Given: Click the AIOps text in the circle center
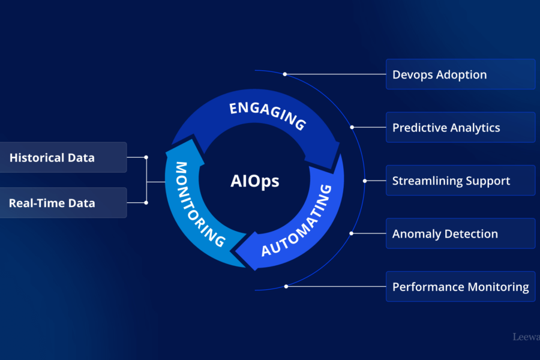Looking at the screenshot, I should pyautogui.click(x=254, y=181).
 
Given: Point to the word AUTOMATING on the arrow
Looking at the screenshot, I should pyautogui.click(x=297, y=221).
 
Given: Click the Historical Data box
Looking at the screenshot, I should pyautogui.click(x=62, y=158).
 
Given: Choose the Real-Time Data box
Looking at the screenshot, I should pyautogui.click(x=62, y=203).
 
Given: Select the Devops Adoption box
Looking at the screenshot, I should pyautogui.click(x=460, y=74).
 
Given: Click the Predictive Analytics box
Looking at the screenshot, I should pyautogui.click(x=460, y=127).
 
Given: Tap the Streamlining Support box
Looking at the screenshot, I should pyautogui.click(x=460, y=181).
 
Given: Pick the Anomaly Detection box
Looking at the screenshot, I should pyautogui.click(x=460, y=233).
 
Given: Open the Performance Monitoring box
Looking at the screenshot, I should pyautogui.click(x=460, y=286).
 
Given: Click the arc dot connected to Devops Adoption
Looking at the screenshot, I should pyautogui.click(x=285, y=74).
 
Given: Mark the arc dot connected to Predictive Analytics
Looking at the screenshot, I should pyautogui.click(x=352, y=127).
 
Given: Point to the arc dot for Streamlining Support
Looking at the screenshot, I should pyautogui.click(x=365, y=181).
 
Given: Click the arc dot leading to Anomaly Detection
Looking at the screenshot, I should pyautogui.click(x=352, y=233).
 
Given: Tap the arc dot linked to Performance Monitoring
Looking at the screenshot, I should pyautogui.click(x=286, y=286).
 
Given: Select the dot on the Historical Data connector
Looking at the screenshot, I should pyautogui.click(x=146, y=158).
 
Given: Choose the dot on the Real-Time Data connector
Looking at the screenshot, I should pyautogui.click(x=146, y=203).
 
